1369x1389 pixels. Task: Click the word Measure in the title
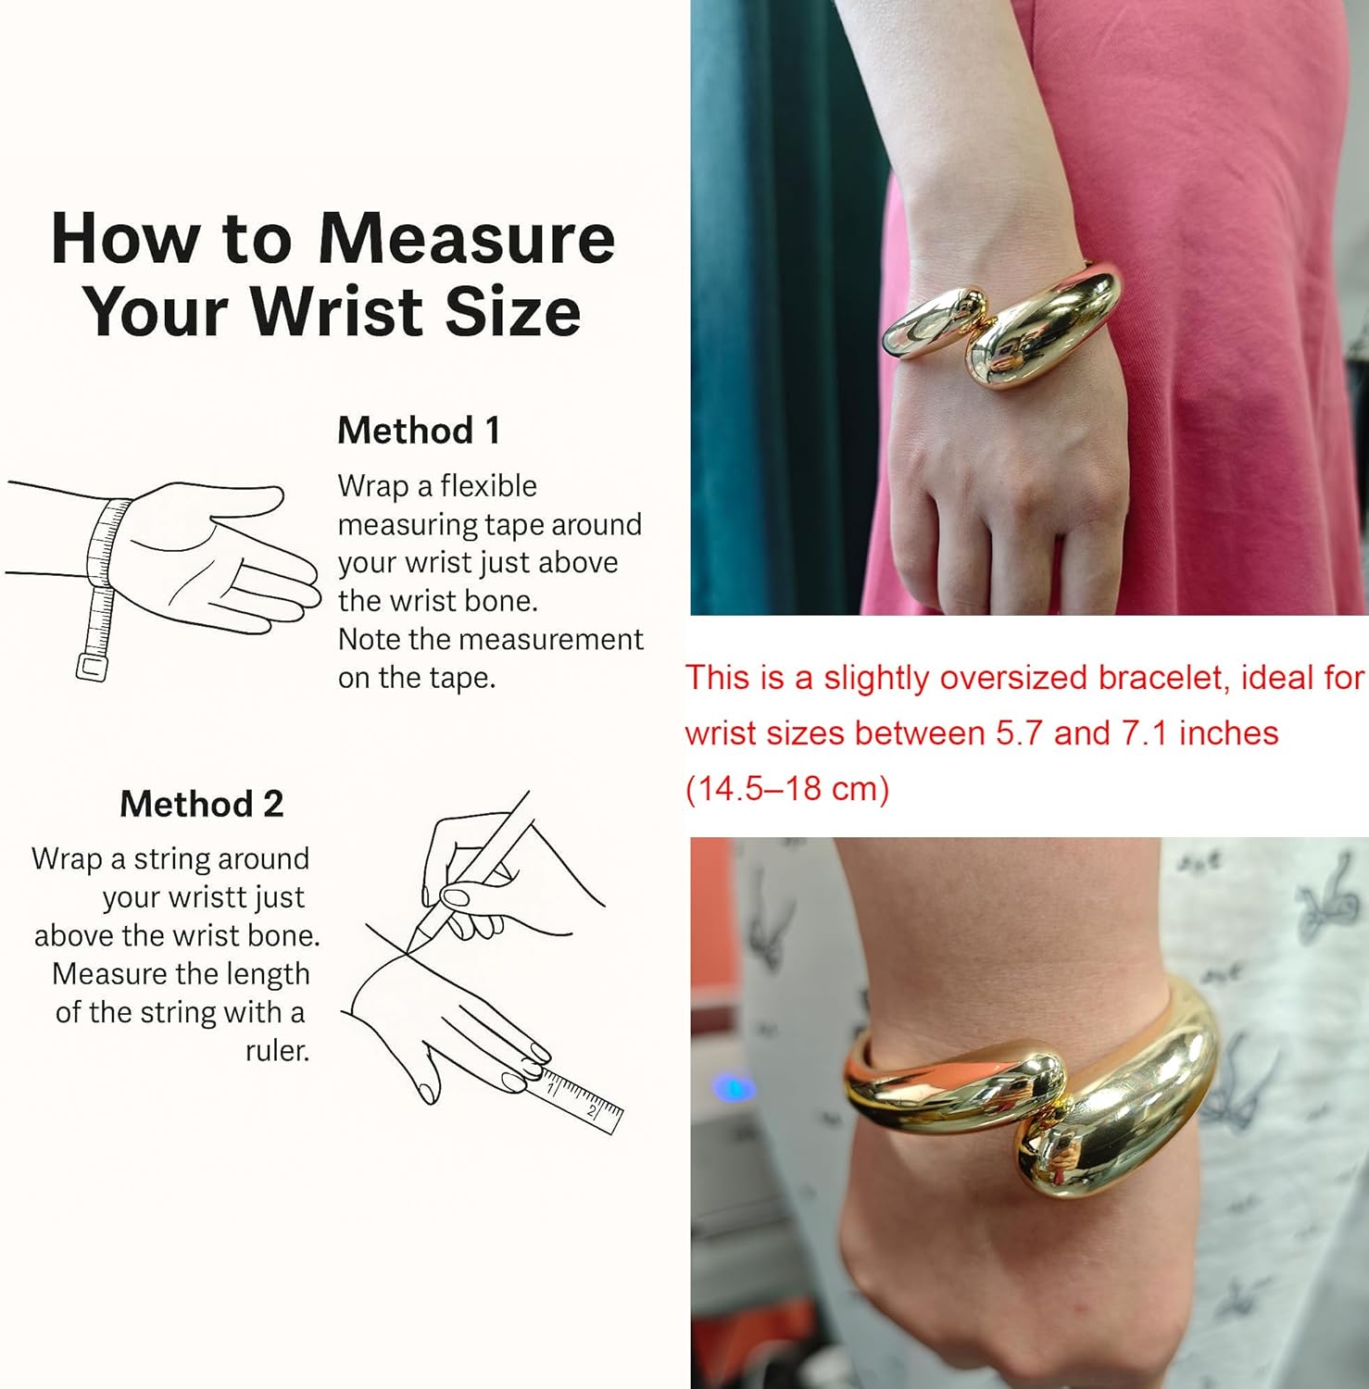(466, 239)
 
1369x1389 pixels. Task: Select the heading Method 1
(419, 431)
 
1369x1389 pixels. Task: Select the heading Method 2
(202, 804)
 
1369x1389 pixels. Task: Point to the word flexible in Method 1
(488, 486)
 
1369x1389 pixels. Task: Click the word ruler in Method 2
(274, 1051)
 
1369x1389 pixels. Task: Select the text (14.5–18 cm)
(787, 789)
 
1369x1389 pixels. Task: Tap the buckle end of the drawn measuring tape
(92, 667)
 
